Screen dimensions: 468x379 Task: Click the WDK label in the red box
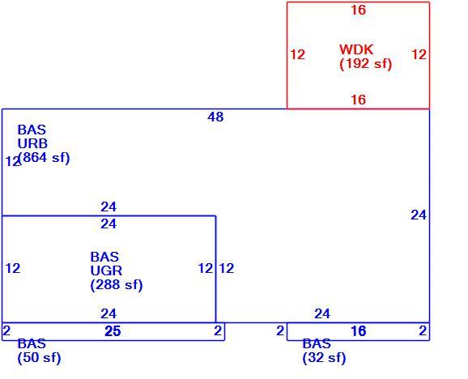[356, 49]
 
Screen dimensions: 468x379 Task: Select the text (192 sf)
[366, 63]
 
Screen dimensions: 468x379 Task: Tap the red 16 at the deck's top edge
[358, 11]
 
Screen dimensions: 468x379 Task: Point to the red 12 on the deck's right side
[419, 54]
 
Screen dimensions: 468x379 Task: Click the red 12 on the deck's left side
[298, 54]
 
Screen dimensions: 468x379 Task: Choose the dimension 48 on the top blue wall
[215, 117]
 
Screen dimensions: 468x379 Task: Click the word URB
[32, 144]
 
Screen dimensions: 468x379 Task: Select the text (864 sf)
[44, 158]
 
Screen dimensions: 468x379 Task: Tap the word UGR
[106, 270]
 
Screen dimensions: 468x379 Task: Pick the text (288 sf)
[117, 285]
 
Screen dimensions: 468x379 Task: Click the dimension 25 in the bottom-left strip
[113, 331]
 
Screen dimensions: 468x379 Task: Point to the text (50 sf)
[39, 357]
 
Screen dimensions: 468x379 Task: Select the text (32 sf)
[324, 357]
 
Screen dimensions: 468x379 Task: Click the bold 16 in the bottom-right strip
[358, 331]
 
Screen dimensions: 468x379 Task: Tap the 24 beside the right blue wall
[419, 215]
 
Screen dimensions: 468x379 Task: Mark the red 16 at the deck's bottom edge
[358, 100]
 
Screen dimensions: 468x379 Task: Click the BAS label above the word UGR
[104, 257]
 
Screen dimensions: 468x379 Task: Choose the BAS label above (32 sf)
[317, 343]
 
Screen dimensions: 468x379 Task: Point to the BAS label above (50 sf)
[32, 343]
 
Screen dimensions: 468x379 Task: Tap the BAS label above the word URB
[32, 130]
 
